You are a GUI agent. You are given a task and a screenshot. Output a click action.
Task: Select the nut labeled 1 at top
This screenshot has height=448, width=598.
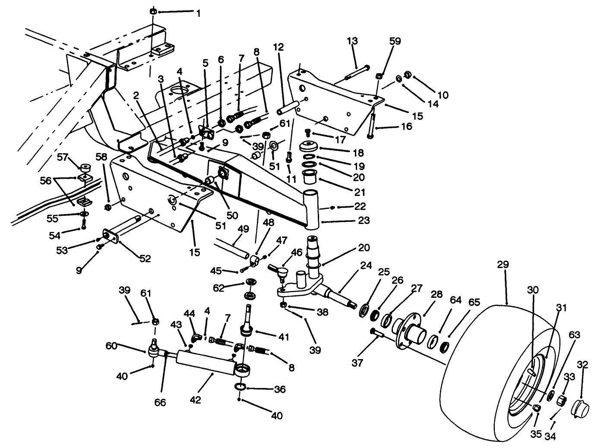[153, 11]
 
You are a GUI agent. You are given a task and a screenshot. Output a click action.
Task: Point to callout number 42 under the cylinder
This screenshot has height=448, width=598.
[195, 400]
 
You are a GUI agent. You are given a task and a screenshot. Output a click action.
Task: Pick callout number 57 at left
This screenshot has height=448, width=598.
[63, 157]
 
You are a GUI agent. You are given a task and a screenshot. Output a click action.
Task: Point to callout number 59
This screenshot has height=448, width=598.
[395, 41]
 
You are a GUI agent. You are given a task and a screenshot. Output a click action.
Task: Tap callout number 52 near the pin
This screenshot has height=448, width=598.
[145, 258]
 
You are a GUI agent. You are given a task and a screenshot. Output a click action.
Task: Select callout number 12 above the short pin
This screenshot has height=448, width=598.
[278, 47]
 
